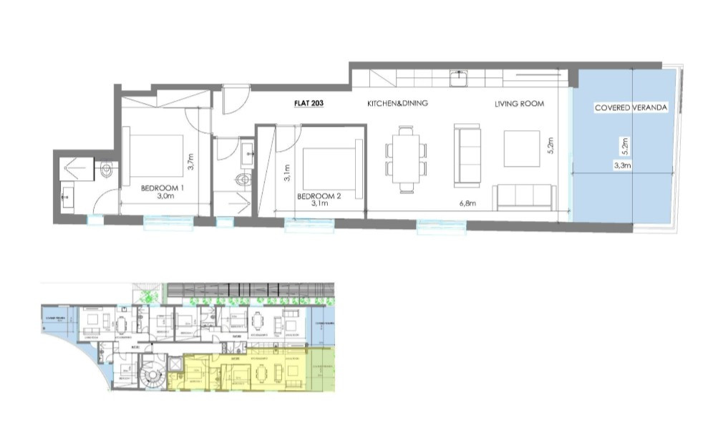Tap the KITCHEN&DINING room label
[397, 104]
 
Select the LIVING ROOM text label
[519, 104]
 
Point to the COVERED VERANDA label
[631, 108]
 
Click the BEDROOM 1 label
[163, 188]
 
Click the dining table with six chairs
[406, 159]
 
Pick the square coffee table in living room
[522, 148]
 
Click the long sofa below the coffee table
[525, 198]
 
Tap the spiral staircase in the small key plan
[152, 374]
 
